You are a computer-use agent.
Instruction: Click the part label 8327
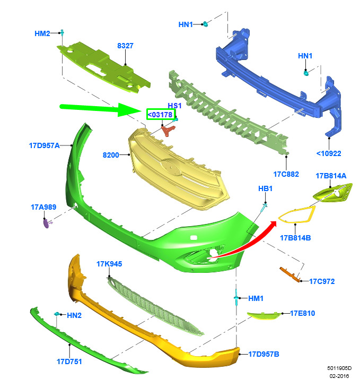click(125, 46)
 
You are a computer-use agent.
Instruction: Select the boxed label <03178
click(161, 114)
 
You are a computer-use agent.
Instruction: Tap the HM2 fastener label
click(42, 33)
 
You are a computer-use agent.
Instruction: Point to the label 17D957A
click(44, 145)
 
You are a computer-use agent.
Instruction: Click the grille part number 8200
click(111, 155)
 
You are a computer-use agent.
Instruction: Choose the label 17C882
click(286, 174)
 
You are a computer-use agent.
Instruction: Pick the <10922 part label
click(329, 153)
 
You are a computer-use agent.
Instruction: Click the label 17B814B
click(295, 238)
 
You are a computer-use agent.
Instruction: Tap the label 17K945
click(109, 264)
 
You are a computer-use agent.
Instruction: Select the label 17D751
click(69, 361)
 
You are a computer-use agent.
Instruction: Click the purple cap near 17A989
click(46, 223)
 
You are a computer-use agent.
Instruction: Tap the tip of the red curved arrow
click(276, 222)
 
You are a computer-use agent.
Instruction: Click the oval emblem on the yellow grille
click(171, 167)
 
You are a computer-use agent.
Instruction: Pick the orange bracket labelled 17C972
click(289, 274)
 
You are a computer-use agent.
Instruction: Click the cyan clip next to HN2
click(57, 314)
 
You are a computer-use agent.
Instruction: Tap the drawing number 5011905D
click(339, 368)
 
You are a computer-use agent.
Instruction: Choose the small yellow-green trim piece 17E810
click(264, 315)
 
